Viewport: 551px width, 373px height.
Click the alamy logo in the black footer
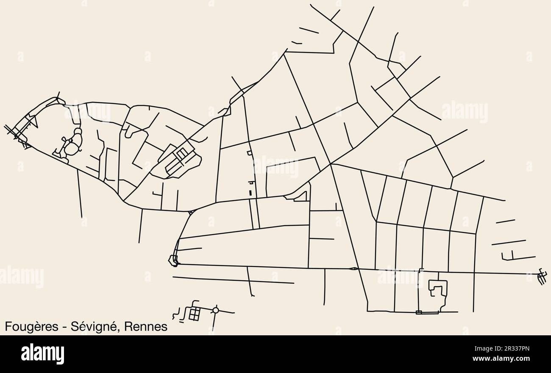[x=42, y=354]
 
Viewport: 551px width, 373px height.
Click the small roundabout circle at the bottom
[x=216, y=310]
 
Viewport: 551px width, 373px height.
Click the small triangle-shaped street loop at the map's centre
[x=301, y=196]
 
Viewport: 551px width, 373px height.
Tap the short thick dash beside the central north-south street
[x=250, y=192]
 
